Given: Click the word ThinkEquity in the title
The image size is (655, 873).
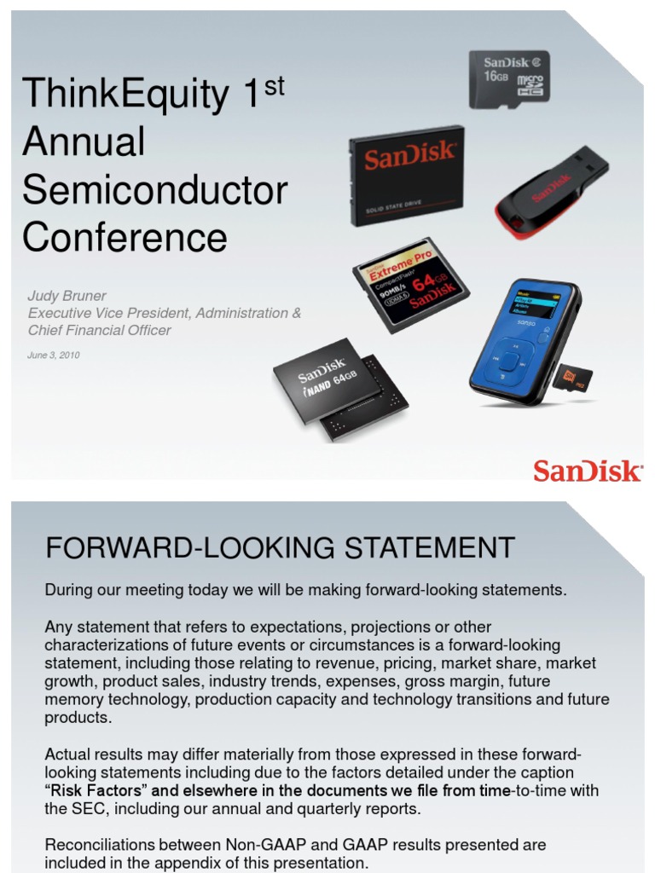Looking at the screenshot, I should click(125, 94).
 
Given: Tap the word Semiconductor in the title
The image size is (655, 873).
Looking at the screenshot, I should click(154, 189).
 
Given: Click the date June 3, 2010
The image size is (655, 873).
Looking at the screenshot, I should click(53, 355).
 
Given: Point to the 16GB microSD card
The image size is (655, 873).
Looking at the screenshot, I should click(509, 78).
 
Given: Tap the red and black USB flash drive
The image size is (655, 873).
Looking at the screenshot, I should click(552, 193).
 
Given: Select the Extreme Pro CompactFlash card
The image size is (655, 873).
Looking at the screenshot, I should click(411, 284).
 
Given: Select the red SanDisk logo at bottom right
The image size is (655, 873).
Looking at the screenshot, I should click(588, 470).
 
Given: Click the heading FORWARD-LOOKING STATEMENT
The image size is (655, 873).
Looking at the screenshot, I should click(280, 547).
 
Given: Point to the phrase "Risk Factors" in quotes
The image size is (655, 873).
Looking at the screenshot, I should click(96, 790).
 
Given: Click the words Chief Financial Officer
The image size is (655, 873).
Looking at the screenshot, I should click(100, 330).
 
